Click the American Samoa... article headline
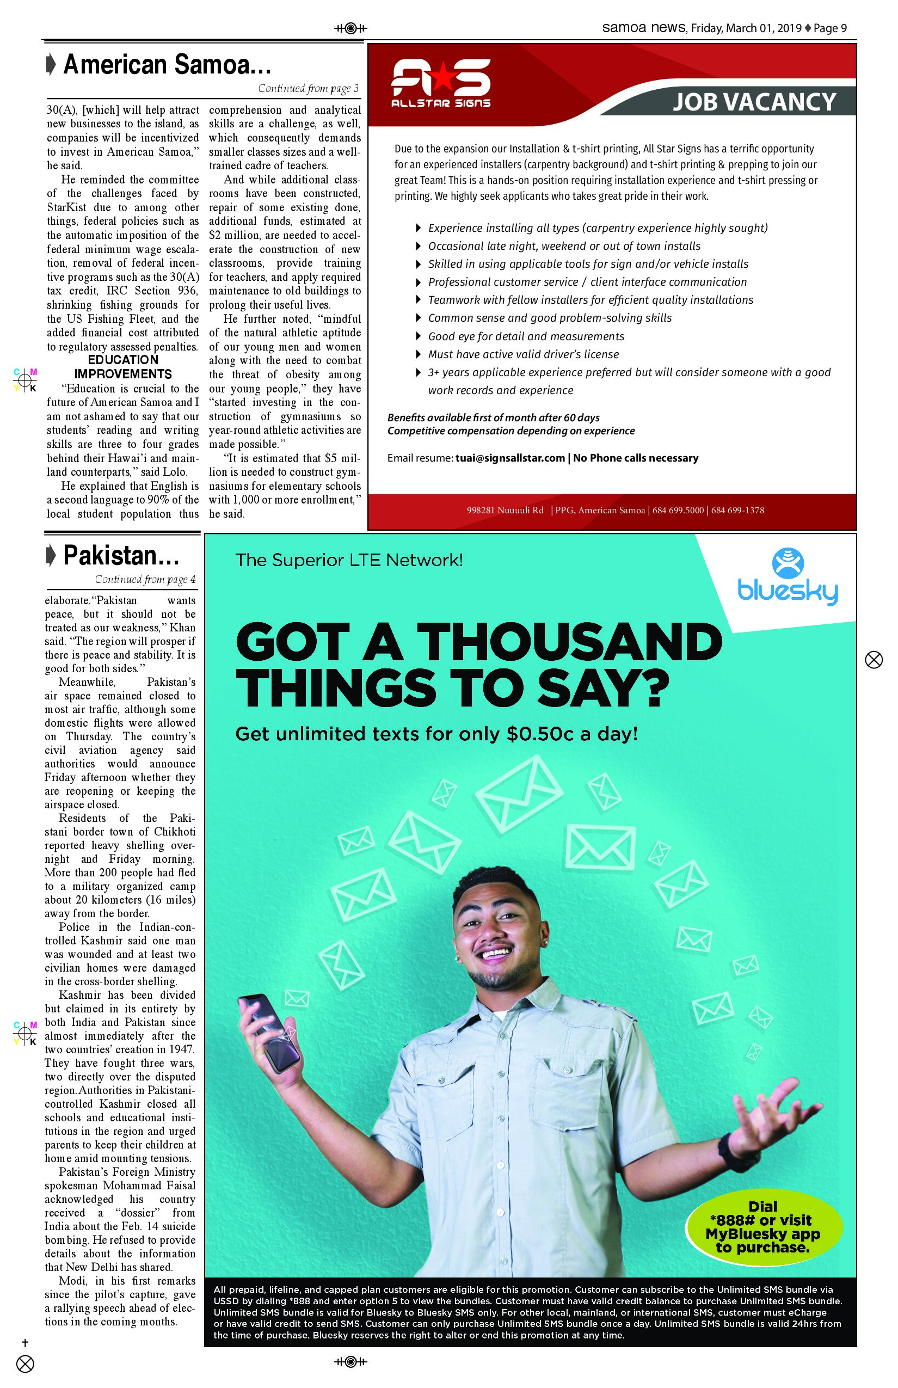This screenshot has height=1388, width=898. (x=167, y=65)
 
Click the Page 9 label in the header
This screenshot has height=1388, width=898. (x=831, y=28)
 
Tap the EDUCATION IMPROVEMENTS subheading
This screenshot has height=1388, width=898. (x=123, y=367)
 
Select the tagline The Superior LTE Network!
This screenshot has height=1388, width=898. (x=349, y=561)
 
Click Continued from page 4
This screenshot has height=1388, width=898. (x=145, y=579)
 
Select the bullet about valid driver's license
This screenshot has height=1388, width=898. (x=523, y=354)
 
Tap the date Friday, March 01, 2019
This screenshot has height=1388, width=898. (x=746, y=28)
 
